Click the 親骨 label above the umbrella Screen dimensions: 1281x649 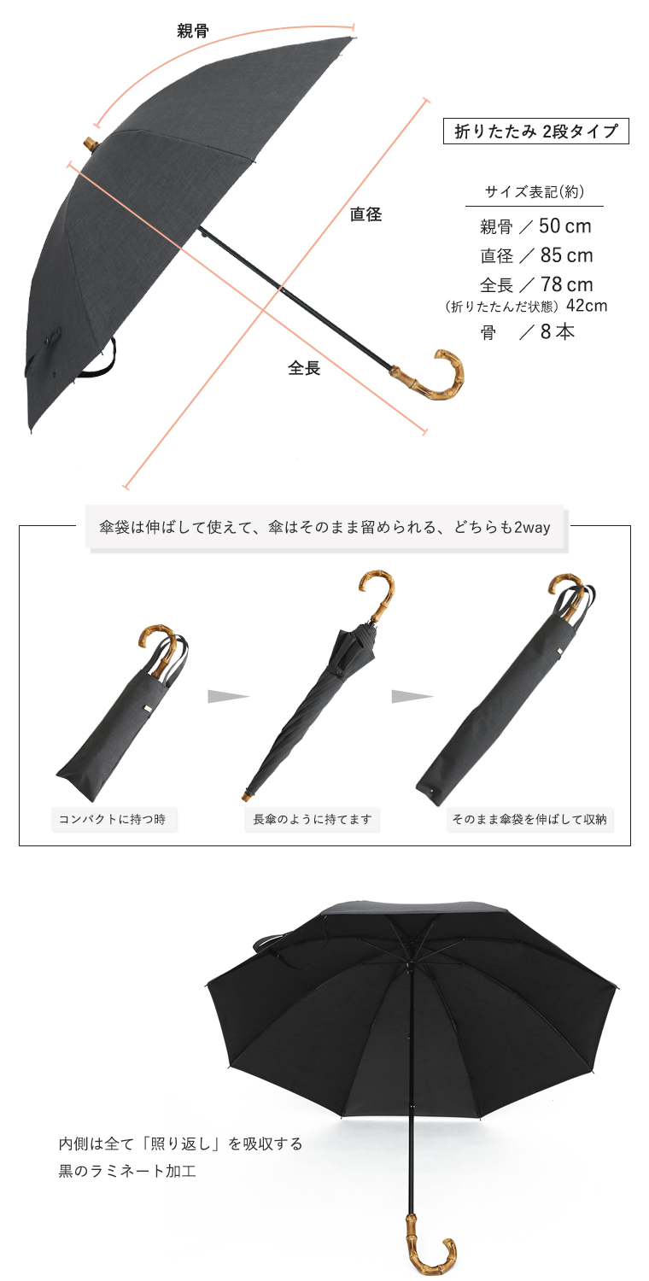(x=192, y=32)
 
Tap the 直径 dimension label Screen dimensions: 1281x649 (x=365, y=214)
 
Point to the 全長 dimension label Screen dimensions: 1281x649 (x=304, y=368)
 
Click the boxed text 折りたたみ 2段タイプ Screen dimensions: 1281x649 (x=535, y=132)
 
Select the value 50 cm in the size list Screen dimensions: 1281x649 (x=565, y=226)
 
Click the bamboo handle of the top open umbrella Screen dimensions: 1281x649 (x=436, y=376)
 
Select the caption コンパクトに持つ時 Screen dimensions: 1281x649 (x=114, y=820)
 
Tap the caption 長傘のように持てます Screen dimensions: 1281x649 (x=313, y=820)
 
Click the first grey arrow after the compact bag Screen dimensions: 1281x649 (x=226, y=697)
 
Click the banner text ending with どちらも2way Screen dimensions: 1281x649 (x=324, y=528)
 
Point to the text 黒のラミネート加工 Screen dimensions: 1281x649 (x=127, y=1171)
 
